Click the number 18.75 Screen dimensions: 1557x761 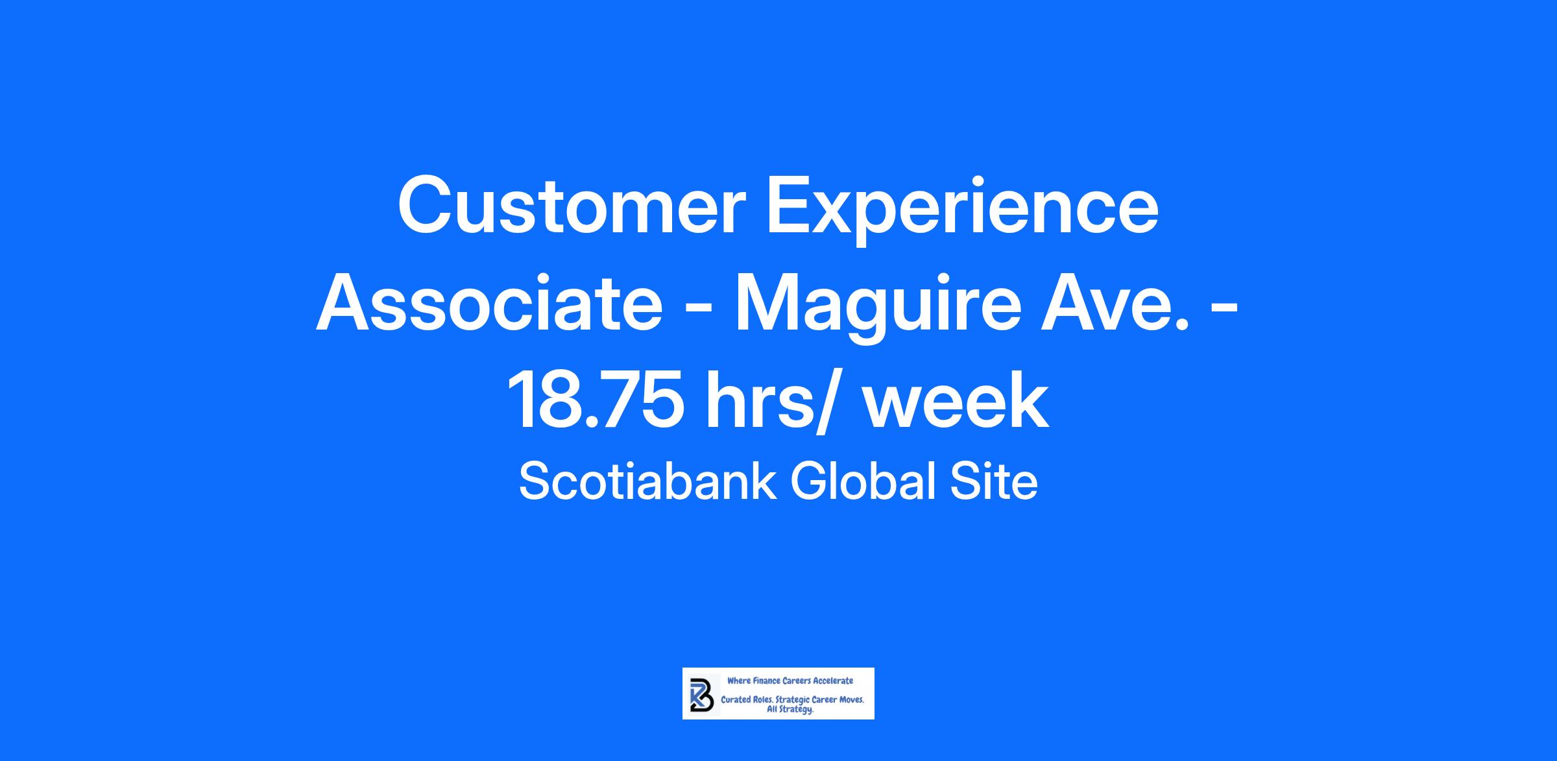pos(596,400)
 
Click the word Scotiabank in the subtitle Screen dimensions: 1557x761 pos(647,481)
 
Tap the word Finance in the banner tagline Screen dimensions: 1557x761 pos(766,681)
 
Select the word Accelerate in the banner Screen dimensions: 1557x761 pos(834,681)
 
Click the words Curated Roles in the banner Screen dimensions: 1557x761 pos(747,701)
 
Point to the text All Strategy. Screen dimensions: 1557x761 pos(790,710)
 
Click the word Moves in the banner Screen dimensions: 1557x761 pos(851,701)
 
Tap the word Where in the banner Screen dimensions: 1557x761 pos(738,681)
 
